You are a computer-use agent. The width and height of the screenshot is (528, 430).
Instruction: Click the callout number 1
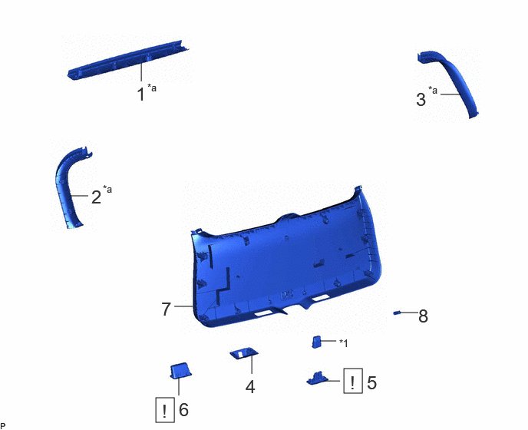[141, 94]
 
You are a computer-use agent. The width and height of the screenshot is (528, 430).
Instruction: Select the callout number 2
[96, 197]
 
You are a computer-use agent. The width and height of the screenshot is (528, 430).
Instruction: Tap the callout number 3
[421, 100]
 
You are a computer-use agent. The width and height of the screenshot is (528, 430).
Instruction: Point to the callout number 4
[250, 387]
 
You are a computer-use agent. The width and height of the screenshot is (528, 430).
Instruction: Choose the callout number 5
[371, 383]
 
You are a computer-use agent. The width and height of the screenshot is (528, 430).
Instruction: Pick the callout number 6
[183, 410]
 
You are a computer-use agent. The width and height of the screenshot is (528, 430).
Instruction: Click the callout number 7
[167, 309]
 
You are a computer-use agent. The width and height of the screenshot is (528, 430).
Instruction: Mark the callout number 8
[424, 316]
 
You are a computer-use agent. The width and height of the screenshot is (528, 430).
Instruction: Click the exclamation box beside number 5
[353, 381]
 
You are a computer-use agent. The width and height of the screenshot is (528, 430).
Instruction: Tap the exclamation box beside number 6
[165, 410]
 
